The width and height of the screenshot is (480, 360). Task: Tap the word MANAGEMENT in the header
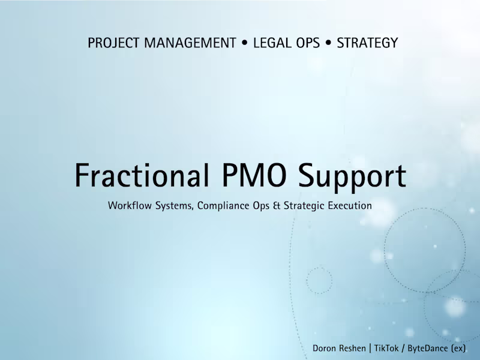(190, 43)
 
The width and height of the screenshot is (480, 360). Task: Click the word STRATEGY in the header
(367, 43)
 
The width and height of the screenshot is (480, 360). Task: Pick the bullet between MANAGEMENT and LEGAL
(245, 43)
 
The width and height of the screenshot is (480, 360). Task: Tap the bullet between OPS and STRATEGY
(328, 43)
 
